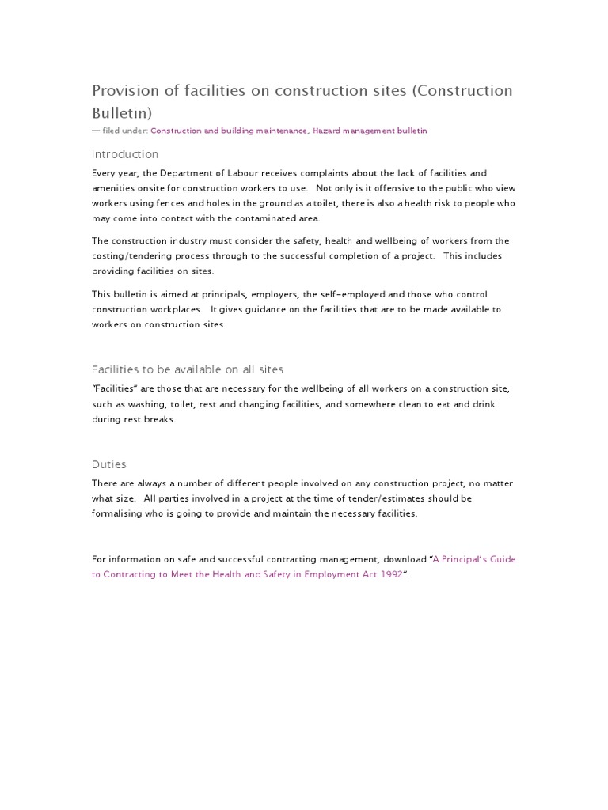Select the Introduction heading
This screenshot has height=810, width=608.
[x=125, y=154]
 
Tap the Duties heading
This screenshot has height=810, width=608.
[x=109, y=464]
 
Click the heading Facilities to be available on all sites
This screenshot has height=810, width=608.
[x=188, y=369]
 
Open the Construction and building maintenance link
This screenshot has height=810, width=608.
[x=229, y=131]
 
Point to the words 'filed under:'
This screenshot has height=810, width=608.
[x=125, y=131]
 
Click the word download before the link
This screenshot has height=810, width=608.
[x=404, y=559]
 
